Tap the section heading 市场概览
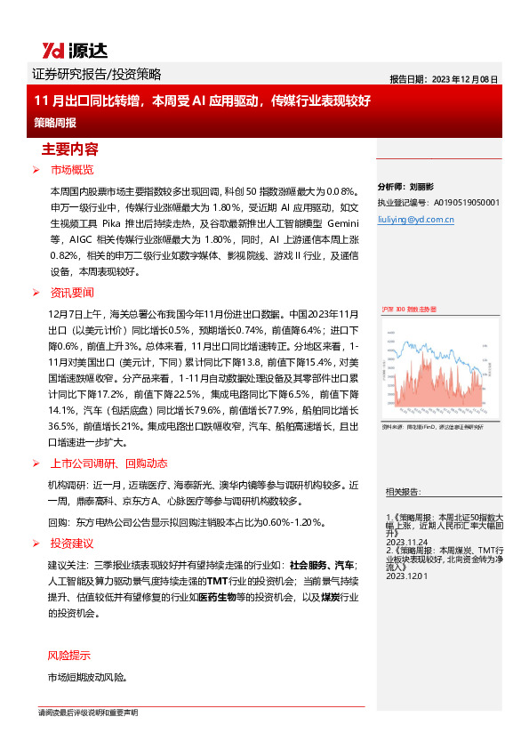tap(72, 169)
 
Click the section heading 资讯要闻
tap(72, 293)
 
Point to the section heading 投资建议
tap(72, 543)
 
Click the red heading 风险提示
tap(68, 656)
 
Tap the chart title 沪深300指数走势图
tap(409, 308)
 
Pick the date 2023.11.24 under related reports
tap(407, 540)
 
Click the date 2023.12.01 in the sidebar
tap(407, 576)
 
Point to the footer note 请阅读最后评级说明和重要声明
tap(87, 713)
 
